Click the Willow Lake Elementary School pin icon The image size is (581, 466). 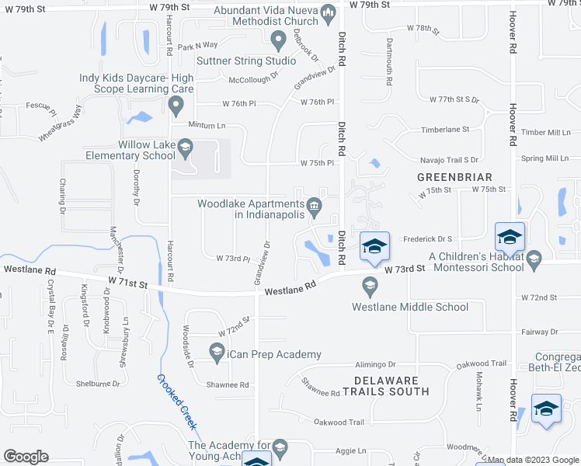[x=186, y=145]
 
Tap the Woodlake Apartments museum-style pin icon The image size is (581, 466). [x=315, y=205]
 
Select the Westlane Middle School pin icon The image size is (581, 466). [x=370, y=288]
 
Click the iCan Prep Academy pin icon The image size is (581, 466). [x=217, y=353]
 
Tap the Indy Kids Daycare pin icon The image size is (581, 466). [x=176, y=104]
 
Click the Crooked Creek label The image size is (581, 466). [x=177, y=402]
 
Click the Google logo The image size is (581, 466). [x=26, y=457]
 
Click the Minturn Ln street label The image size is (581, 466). [x=207, y=125]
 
